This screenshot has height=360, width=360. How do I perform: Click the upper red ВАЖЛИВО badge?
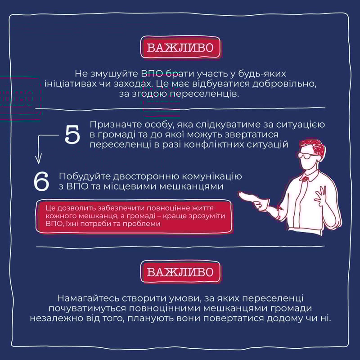click(180, 47)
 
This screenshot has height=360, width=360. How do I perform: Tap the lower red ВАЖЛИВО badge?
click(180, 272)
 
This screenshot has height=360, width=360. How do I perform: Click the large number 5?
click(72, 135)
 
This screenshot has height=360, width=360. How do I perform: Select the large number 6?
click(41, 181)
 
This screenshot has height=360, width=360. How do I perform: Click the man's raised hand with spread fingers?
click(321, 196)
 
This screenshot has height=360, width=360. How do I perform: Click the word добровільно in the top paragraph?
click(284, 84)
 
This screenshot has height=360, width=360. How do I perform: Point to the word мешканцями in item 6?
click(191, 186)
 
